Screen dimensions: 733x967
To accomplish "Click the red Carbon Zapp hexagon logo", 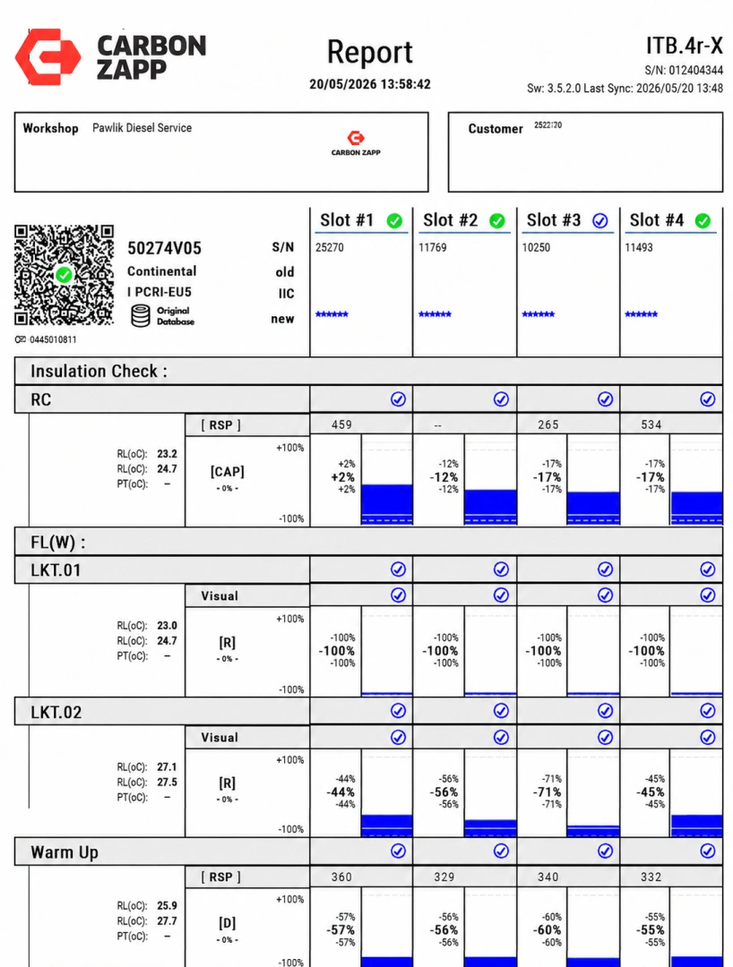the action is pos(48,56).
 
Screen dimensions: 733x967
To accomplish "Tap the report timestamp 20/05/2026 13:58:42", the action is pos(369,84).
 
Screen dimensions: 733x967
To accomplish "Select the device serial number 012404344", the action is pos(696,71).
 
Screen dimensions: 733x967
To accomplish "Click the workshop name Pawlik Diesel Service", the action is pos(142,128).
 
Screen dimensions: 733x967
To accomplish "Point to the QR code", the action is pos(65,275).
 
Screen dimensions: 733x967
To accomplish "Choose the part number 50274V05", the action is pos(164,249).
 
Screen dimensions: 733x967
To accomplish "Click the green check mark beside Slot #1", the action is pos(394,221).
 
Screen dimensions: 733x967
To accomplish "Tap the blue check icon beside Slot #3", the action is pos(599,221).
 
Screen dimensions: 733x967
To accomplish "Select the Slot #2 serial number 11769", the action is pos(433,248).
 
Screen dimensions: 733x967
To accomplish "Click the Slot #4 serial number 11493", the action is pos(639,248).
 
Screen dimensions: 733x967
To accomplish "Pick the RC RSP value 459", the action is pos(341,425).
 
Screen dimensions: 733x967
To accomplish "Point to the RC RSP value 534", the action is pos(651,425).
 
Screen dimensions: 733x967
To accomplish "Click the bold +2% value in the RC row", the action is pos(343,477).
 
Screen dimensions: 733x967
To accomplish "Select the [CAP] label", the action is pos(227,472).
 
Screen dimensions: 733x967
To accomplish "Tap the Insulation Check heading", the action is pos(99,372).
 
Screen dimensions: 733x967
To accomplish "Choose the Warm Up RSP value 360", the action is pos(341,877).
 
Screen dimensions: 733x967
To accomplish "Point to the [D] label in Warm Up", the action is pos(227,923).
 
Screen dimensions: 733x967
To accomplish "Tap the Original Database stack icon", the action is pos(141,316).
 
